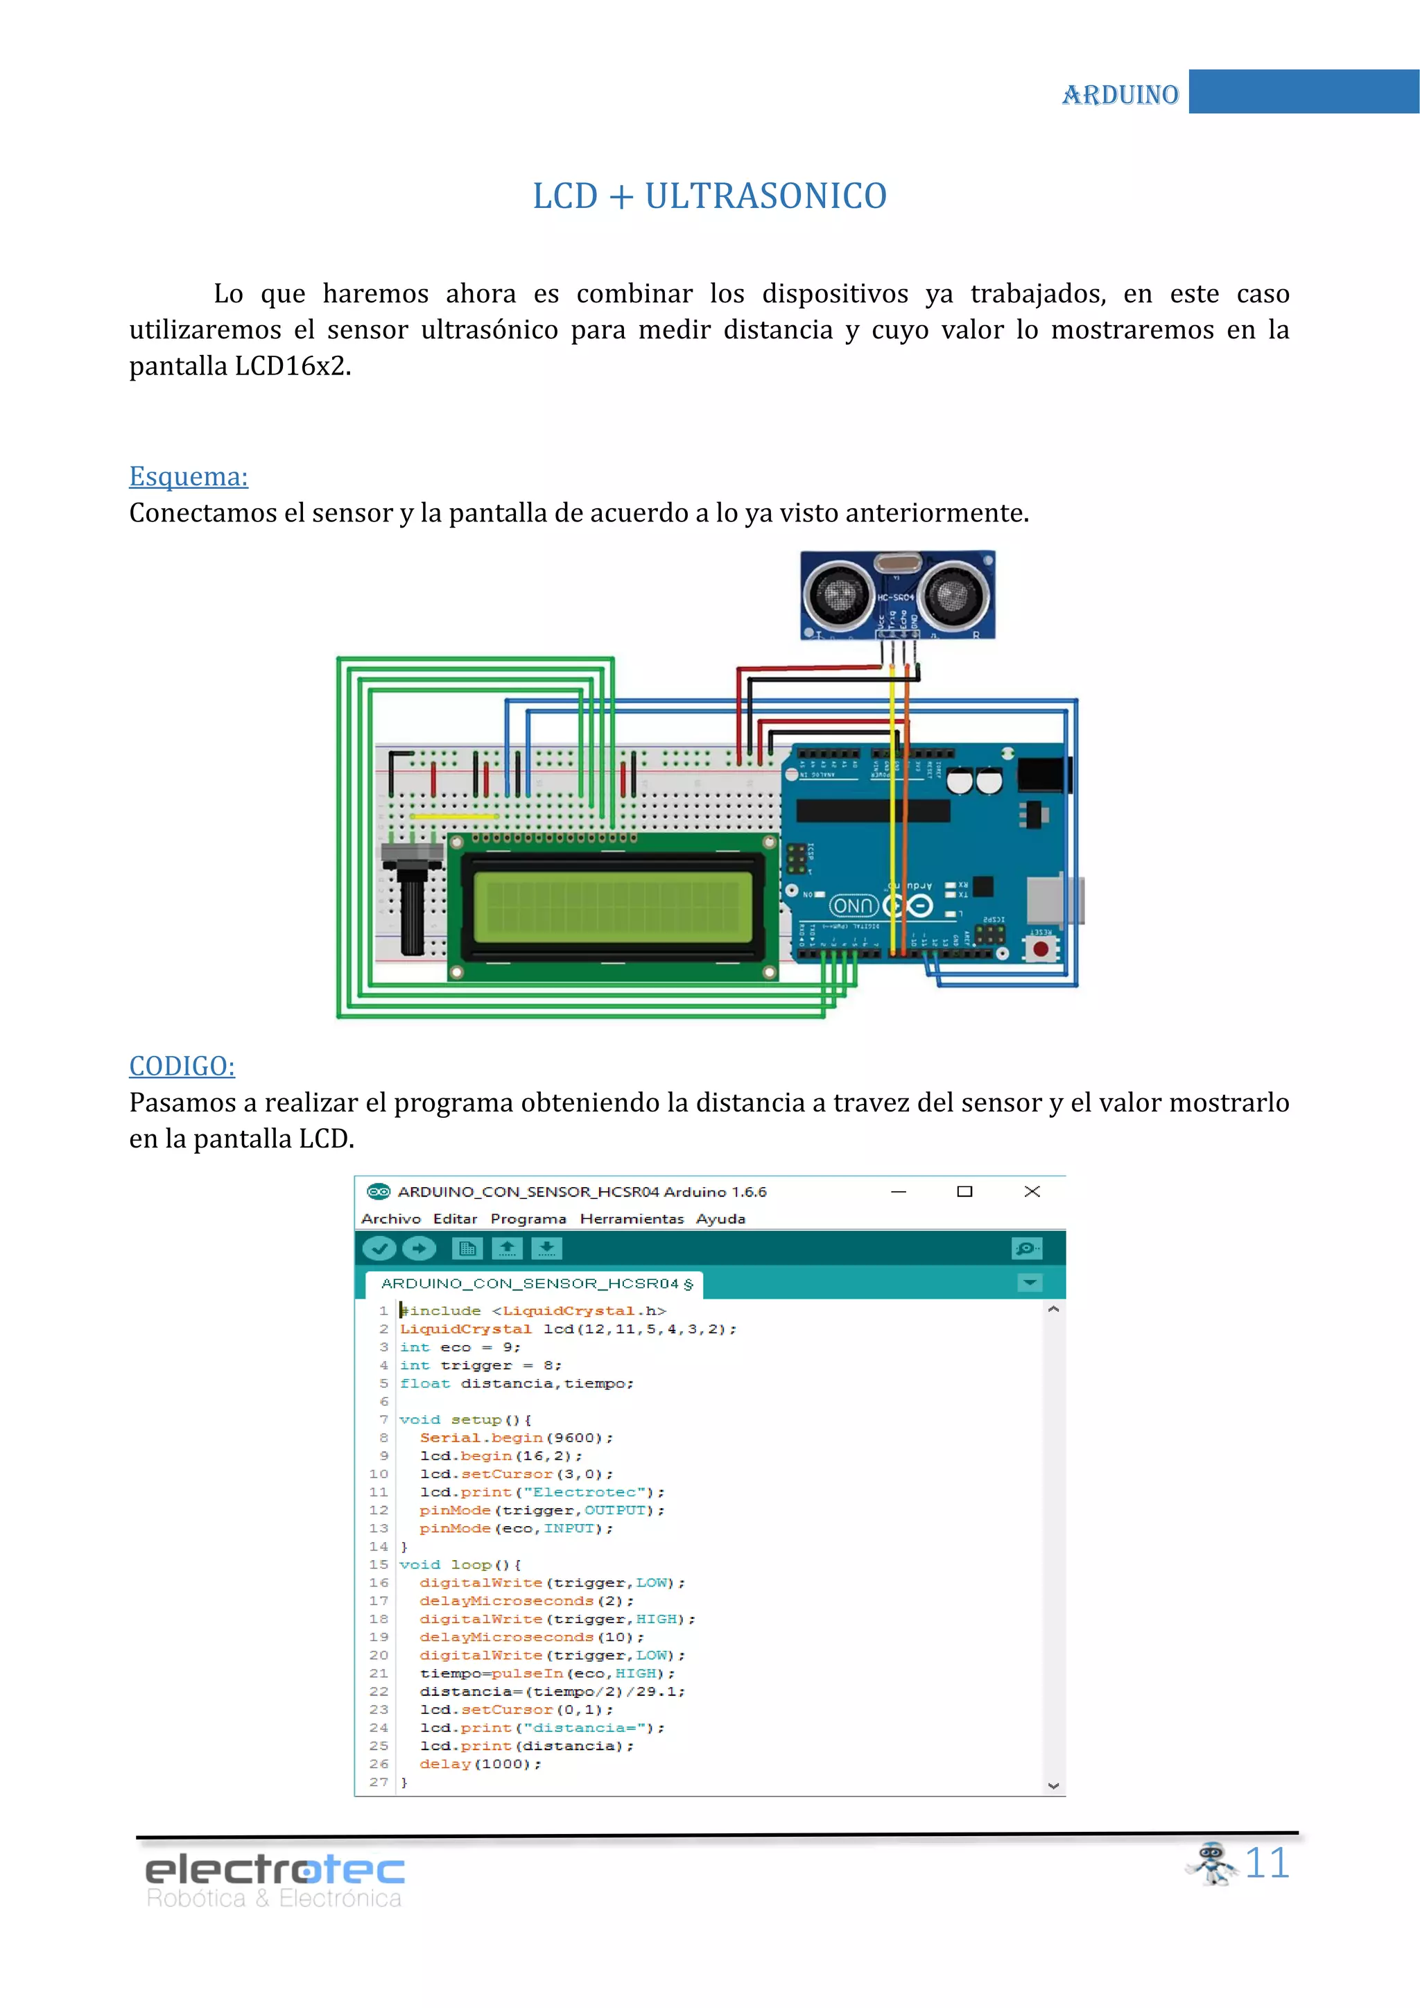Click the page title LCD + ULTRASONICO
(x=710, y=197)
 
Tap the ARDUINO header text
(x=1120, y=94)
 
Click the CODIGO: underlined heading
(x=182, y=1066)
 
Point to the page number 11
(x=1267, y=1864)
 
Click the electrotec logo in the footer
(x=275, y=1880)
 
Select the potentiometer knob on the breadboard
(x=412, y=910)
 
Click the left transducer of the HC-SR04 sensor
(x=838, y=595)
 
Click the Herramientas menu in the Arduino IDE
(x=632, y=1219)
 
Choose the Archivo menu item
(x=391, y=1219)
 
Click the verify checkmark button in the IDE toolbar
(x=379, y=1249)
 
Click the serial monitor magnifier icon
(x=1027, y=1249)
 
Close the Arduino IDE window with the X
(x=1032, y=1192)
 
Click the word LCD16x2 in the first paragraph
(x=288, y=366)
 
